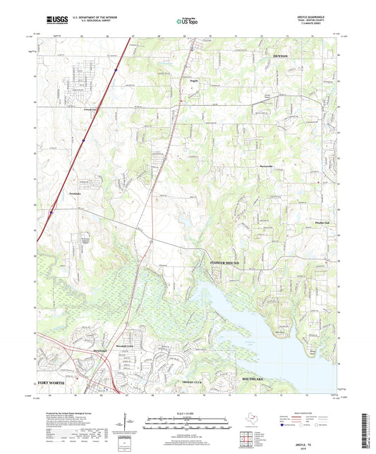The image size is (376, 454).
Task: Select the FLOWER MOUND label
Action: tap(225, 262)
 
